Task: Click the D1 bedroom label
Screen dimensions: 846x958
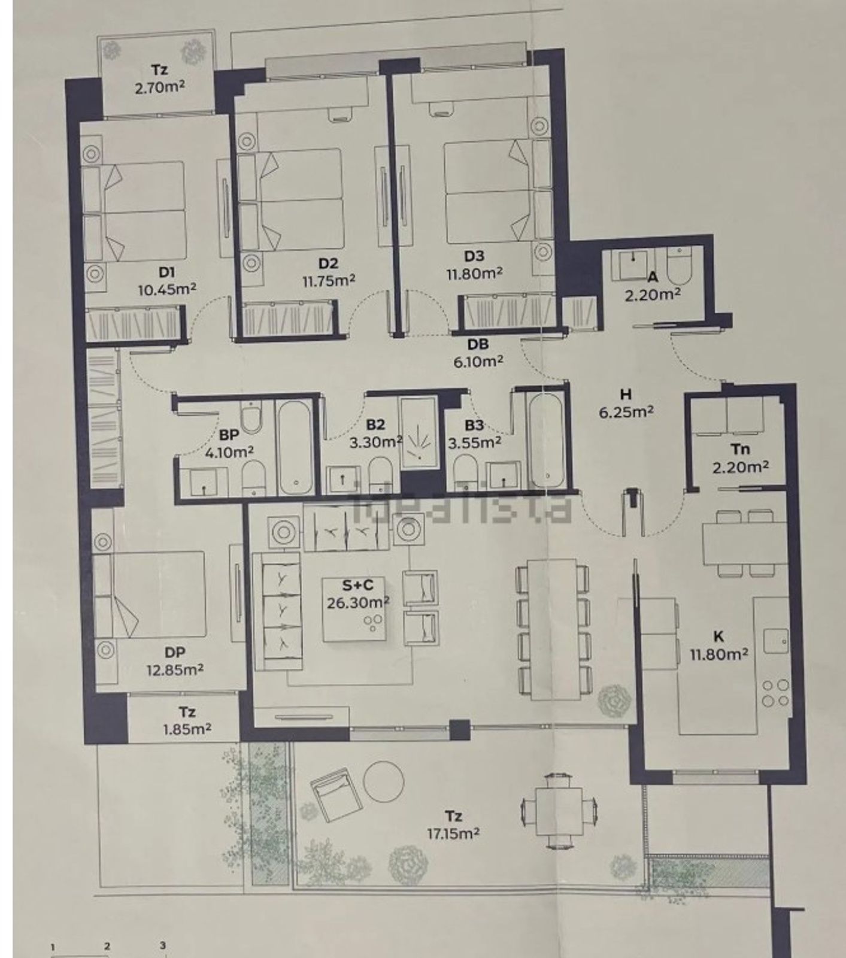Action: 166,272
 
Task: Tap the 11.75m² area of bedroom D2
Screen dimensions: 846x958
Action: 329,280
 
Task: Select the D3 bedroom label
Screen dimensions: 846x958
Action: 474,256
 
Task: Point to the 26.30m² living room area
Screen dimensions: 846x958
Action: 358,602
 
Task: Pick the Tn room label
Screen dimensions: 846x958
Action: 741,450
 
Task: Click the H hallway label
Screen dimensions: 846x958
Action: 626,395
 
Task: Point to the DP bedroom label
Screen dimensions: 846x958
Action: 174,653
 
